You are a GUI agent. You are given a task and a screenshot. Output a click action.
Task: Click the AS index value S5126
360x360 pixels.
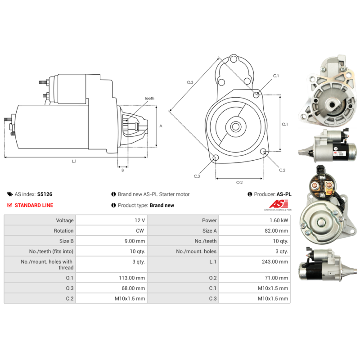point(45,194)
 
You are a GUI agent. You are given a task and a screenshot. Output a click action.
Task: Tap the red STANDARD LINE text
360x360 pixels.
point(34,205)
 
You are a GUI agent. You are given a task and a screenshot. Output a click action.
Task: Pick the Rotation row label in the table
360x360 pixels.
point(63,231)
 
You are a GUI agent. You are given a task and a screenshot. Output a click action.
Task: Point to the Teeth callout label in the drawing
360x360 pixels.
point(149,98)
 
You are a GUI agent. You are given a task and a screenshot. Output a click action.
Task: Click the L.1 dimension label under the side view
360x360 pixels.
point(74,161)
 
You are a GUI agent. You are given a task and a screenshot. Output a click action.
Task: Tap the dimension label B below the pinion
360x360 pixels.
point(122,170)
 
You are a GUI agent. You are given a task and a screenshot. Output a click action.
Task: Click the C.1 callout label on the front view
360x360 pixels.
point(276,76)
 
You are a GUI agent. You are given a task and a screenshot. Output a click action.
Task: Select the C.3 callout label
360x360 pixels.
point(197,176)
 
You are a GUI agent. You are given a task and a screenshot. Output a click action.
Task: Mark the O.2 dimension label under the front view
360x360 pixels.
point(239,182)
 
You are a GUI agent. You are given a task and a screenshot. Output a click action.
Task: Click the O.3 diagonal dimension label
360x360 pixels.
point(190,82)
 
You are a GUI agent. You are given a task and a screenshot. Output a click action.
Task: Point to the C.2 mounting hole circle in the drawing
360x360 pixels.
point(264,151)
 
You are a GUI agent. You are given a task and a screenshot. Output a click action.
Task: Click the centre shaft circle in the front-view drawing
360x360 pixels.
point(235,126)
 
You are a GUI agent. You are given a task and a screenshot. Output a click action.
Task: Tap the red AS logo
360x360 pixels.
point(278,204)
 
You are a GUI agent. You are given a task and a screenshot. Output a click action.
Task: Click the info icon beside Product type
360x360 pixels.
point(113,205)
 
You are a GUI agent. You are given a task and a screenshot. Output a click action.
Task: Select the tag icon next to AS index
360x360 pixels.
point(10,194)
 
